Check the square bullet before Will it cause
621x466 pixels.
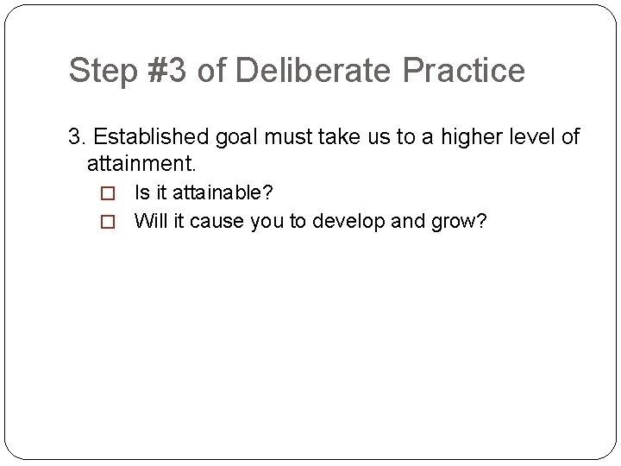[109, 222]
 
